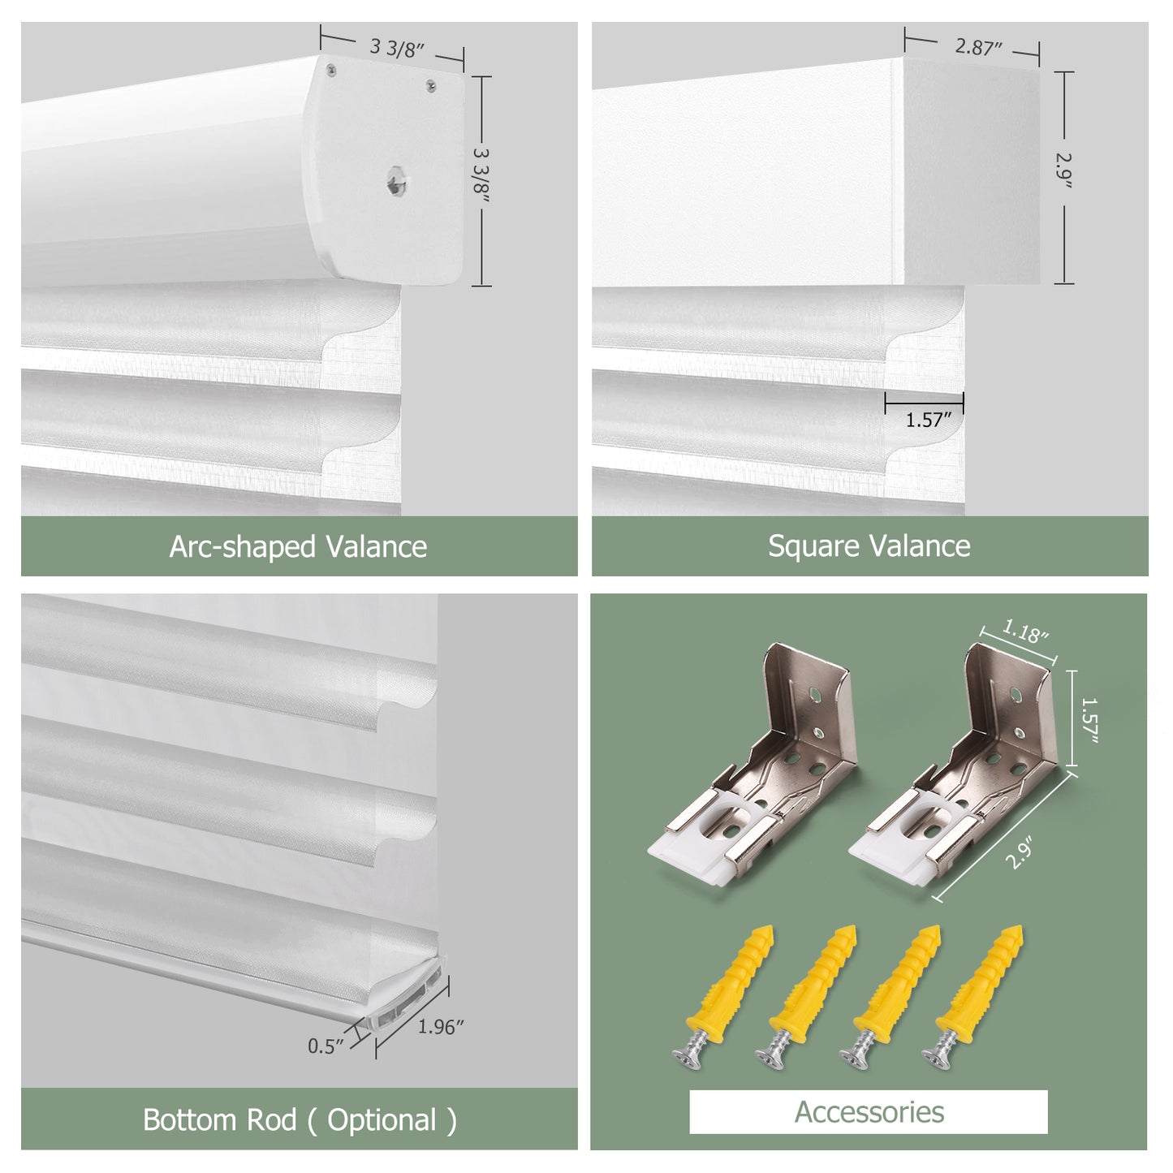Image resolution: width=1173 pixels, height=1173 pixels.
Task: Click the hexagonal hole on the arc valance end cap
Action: (x=396, y=181)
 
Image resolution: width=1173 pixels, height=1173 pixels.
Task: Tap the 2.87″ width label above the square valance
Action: (x=977, y=46)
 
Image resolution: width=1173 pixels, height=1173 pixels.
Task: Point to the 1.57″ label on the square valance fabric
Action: (x=928, y=420)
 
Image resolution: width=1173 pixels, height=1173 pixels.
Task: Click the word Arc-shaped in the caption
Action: (x=242, y=546)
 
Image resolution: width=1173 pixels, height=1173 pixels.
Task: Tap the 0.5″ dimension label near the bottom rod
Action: (x=326, y=1046)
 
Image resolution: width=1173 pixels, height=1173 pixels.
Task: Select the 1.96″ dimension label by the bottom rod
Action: (x=441, y=1027)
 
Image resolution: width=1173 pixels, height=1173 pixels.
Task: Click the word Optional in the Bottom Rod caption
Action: (x=382, y=1120)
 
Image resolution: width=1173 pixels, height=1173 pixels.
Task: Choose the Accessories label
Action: (x=869, y=1112)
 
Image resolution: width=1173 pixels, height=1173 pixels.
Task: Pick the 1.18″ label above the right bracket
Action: (x=1026, y=632)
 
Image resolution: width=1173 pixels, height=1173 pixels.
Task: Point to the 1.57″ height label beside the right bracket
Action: (x=1088, y=719)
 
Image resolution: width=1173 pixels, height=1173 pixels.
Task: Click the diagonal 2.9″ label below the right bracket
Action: (x=1020, y=853)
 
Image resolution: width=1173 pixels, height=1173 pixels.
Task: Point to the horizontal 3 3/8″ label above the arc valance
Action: (x=396, y=47)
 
